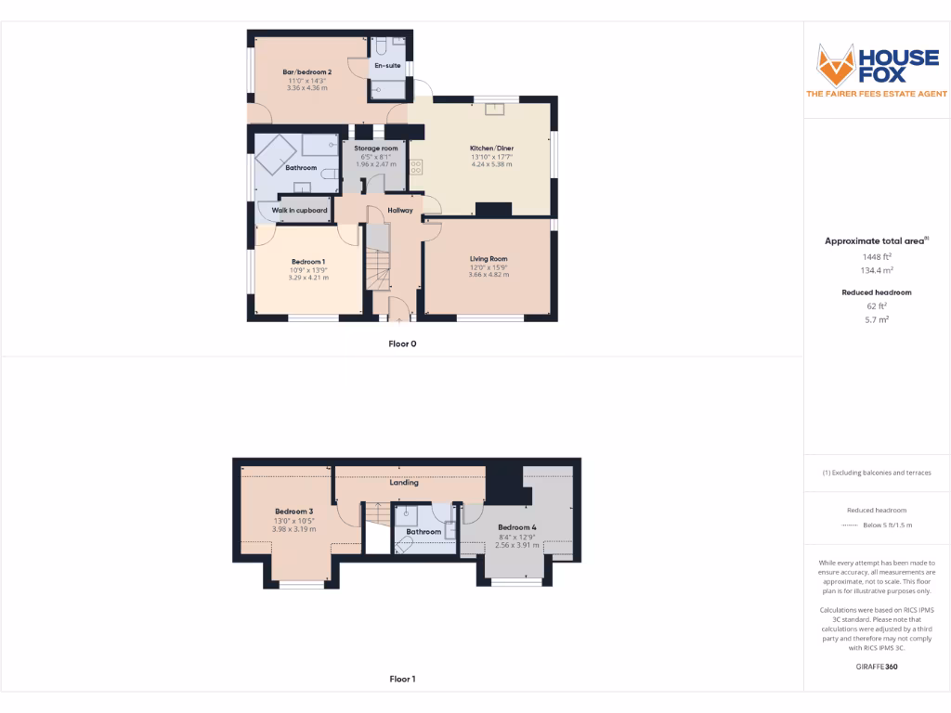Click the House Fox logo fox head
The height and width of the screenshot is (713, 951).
835,64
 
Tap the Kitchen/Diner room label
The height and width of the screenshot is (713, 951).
491,149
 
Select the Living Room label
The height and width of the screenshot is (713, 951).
489,259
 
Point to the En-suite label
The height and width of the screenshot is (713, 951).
386,66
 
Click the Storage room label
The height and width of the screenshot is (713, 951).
376,149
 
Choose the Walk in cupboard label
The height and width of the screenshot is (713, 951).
299,211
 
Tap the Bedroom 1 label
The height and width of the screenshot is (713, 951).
307,261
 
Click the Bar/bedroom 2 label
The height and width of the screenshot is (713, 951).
307,72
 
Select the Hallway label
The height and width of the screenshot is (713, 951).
400,211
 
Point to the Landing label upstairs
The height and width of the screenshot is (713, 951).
404,483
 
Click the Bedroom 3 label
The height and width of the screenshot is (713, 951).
293,512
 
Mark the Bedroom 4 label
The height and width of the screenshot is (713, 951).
515,527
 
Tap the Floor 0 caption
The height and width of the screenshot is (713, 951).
402,344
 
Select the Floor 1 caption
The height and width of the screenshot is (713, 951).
402,680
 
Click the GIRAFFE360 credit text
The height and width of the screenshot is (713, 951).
877,667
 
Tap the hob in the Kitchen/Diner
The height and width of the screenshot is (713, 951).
416,167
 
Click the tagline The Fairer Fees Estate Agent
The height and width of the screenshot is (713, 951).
877,94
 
